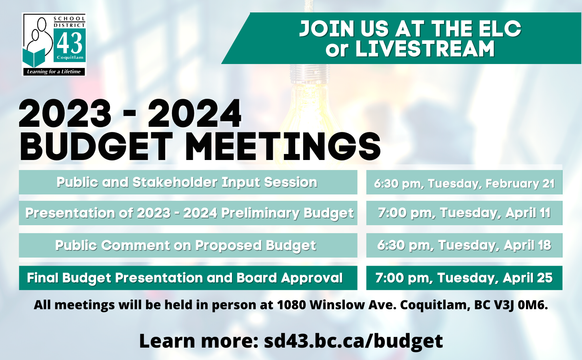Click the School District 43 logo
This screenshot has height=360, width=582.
coord(54,44)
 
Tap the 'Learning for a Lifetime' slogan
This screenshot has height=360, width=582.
coord(54,72)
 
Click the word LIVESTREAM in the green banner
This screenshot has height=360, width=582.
coord(425,48)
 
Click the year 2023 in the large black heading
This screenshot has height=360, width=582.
coord(65,114)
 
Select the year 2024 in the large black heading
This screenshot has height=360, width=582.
coord(195,114)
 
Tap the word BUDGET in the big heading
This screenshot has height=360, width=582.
coord(96,147)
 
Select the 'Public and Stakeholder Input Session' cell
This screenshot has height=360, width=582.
coord(188,182)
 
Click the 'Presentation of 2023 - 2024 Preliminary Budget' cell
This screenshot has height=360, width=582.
coord(188,213)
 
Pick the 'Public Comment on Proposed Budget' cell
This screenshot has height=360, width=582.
coord(188,246)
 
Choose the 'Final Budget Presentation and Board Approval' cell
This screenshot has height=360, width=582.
coord(188,278)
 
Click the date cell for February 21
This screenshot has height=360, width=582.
coord(464,182)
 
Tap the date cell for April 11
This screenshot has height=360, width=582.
coord(464,213)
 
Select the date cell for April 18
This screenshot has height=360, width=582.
coord(464,246)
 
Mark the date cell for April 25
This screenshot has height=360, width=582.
coord(464,278)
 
